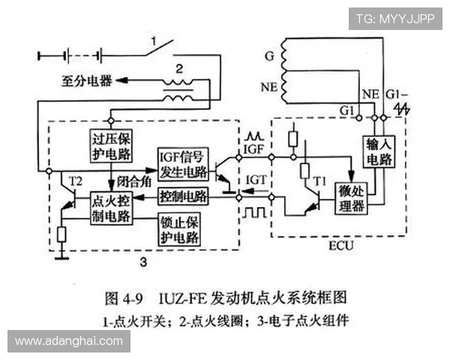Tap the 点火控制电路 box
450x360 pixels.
[x=111, y=208]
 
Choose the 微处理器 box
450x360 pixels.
[x=352, y=199]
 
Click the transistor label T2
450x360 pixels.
[x=74, y=181]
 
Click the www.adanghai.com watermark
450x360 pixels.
[x=69, y=342]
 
